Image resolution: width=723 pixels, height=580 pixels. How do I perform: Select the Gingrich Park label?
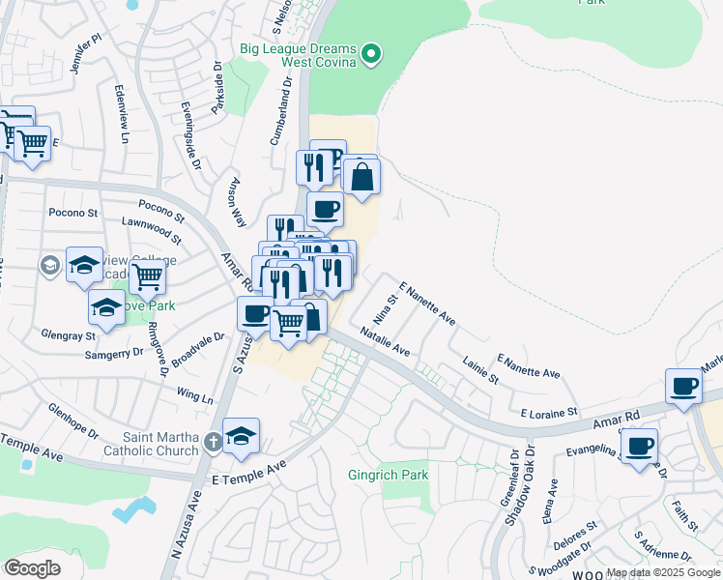pyautogui.click(x=388, y=475)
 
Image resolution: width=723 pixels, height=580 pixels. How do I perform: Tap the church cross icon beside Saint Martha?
pyautogui.click(x=214, y=445)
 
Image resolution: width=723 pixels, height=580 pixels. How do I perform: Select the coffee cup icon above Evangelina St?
pyautogui.click(x=639, y=447)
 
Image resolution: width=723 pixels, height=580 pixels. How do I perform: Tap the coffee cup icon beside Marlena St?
pyautogui.click(x=683, y=386)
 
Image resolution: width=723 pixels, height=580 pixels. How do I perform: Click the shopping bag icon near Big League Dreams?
pyautogui.click(x=361, y=177)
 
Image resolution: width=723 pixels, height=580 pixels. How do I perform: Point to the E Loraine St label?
pyautogui.click(x=548, y=413)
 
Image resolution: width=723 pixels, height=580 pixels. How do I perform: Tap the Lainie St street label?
pyautogui.click(x=480, y=372)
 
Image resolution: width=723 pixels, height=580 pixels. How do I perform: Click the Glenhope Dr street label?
pyautogui.click(x=72, y=420)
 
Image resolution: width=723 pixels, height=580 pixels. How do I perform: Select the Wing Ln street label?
pyautogui.click(x=195, y=397)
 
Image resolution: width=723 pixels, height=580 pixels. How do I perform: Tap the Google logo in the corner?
pyautogui.click(x=32, y=568)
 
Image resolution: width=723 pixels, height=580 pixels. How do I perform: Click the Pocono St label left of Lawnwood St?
pyautogui.click(x=73, y=212)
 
